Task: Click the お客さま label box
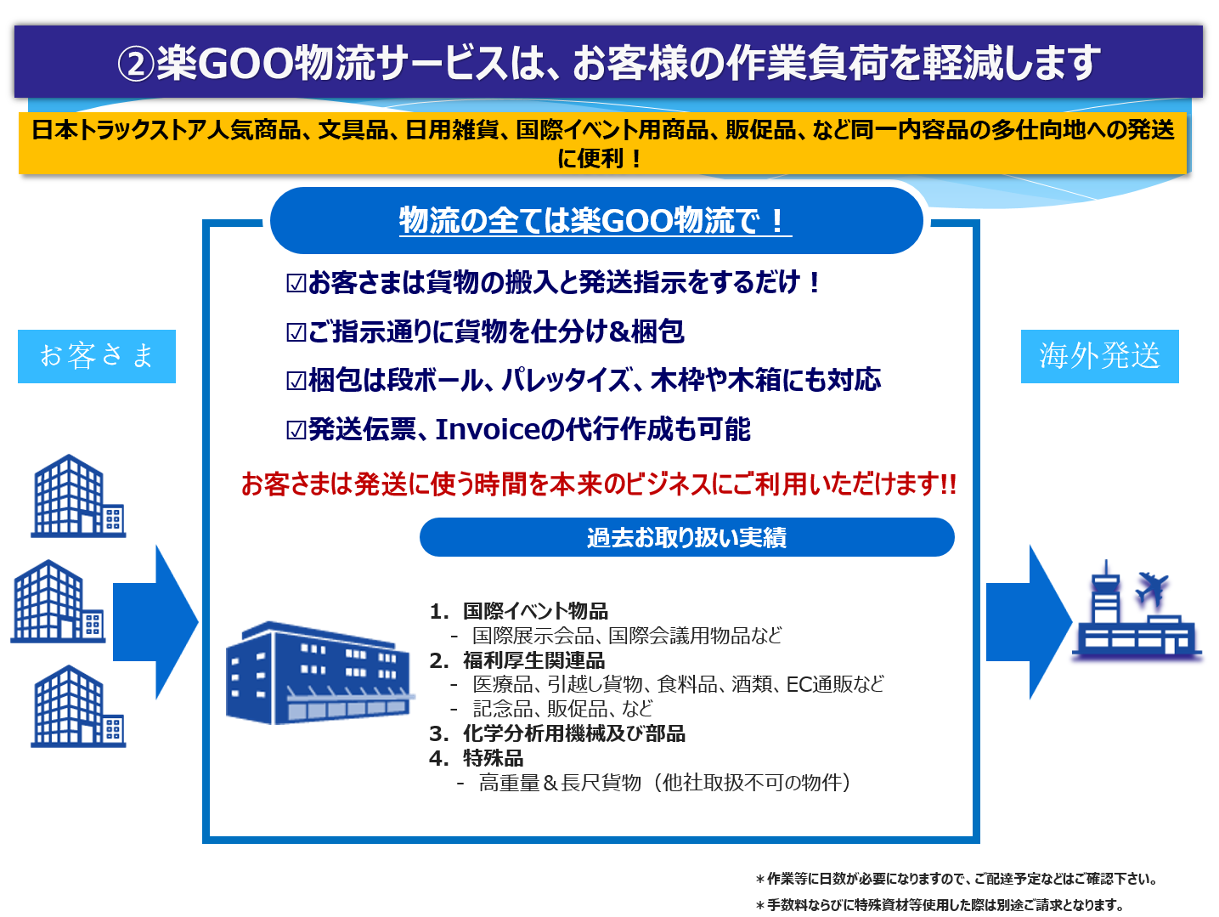pyautogui.click(x=97, y=356)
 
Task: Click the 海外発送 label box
pyautogui.click(x=1099, y=356)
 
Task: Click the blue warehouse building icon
pyautogui.click(x=319, y=673)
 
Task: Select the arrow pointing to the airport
pyautogui.click(x=1029, y=622)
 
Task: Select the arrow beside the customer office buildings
pyautogui.click(x=155, y=622)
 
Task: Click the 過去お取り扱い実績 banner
pyautogui.click(x=687, y=537)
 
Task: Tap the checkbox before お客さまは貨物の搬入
pyautogui.click(x=296, y=283)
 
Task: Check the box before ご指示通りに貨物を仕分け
pyautogui.click(x=296, y=332)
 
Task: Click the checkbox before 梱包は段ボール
pyautogui.click(x=296, y=381)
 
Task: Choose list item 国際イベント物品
pyautogui.click(x=535, y=611)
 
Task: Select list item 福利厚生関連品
pyautogui.click(x=533, y=660)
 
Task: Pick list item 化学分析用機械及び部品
pyautogui.click(x=573, y=733)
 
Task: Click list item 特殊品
pyautogui.click(x=494, y=758)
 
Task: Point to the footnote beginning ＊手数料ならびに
pyautogui.click(x=940, y=905)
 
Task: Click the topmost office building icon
pyautogui.click(x=78, y=495)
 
